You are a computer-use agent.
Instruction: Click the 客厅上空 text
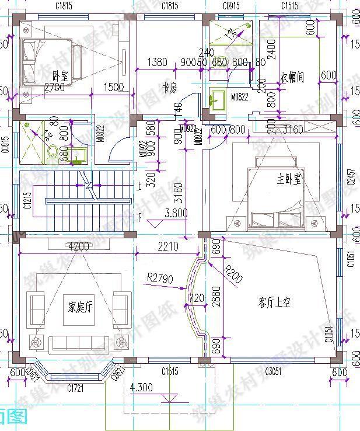274,302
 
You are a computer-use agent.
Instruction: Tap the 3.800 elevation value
176,213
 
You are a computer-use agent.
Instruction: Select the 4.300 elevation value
141,387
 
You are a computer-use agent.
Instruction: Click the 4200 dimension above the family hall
79,246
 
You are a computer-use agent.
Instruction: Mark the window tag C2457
351,176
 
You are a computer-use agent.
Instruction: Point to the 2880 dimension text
216,298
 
